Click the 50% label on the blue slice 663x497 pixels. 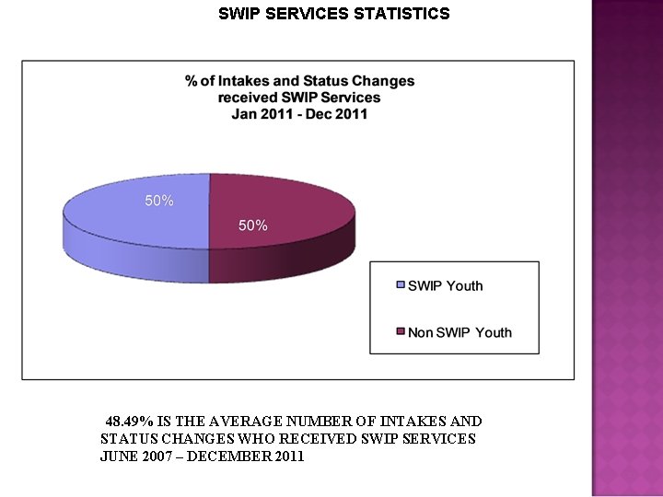pyautogui.click(x=159, y=201)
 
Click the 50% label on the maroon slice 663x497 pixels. pyautogui.click(x=253, y=225)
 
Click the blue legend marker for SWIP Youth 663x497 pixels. pyautogui.click(x=400, y=286)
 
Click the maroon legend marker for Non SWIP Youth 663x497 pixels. pyautogui.click(x=400, y=332)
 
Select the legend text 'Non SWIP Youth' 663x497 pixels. pyautogui.click(x=459, y=332)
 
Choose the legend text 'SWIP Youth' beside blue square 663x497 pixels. pyautogui.click(x=446, y=286)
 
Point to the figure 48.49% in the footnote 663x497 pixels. pyautogui.click(x=127, y=421)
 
